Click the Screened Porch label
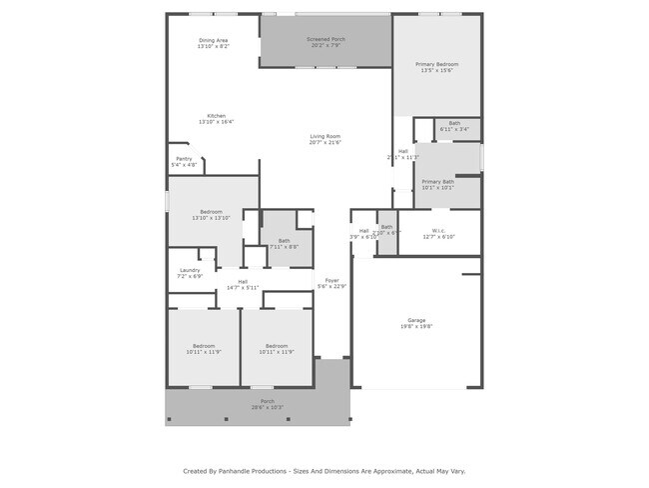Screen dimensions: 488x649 coord(325,39)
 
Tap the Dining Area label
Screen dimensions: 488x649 coord(214,40)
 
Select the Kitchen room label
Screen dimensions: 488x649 coord(216,116)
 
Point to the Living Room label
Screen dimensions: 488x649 coord(325,136)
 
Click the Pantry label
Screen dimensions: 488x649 coord(184,158)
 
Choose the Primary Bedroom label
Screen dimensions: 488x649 coord(435,64)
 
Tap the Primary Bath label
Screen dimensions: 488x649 coord(437,181)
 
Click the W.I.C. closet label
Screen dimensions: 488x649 coord(439,231)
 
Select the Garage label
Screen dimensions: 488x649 coord(416,320)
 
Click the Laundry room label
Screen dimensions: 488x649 coord(190,270)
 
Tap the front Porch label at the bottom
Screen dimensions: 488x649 coord(268,401)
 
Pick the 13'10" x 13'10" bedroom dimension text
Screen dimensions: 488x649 coord(211,218)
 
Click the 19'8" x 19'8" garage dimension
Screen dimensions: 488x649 coord(416,327)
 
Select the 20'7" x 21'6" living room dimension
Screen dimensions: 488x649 coord(325,143)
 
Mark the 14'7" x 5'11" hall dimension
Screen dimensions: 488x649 coord(243,288)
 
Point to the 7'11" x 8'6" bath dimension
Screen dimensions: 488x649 coord(284,246)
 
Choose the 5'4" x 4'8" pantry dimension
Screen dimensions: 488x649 coord(184,164)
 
